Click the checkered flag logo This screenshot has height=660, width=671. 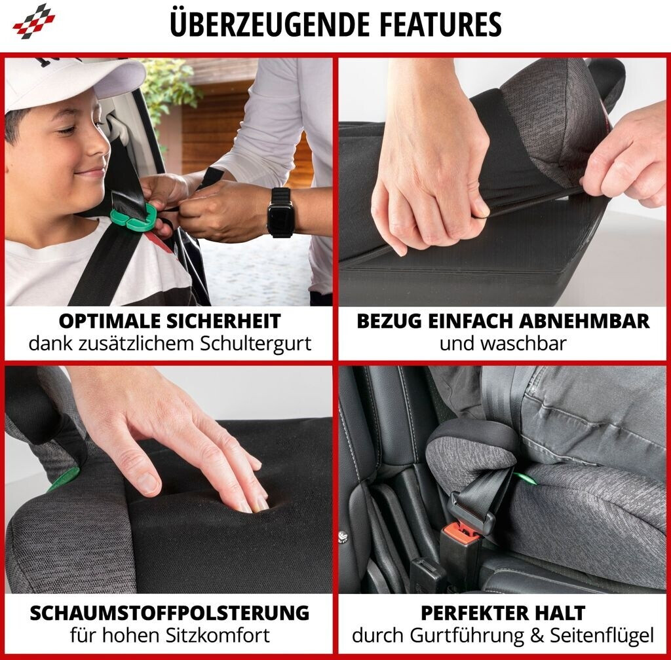click(x=34, y=22)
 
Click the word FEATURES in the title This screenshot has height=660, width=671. click(x=440, y=24)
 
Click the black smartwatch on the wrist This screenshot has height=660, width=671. click(x=280, y=213)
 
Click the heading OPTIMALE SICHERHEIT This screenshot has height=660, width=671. click(x=170, y=321)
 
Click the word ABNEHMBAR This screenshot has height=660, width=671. click(x=585, y=321)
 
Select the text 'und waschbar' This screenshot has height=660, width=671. click(x=503, y=344)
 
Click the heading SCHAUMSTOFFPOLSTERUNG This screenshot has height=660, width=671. click(x=170, y=613)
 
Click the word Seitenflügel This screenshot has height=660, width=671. click(x=602, y=636)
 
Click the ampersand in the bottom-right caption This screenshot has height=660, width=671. click(x=537, y=636)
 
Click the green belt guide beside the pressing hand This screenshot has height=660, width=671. click(x=64, y=479)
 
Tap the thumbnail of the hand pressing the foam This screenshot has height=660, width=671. click(x=168, y=479)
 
